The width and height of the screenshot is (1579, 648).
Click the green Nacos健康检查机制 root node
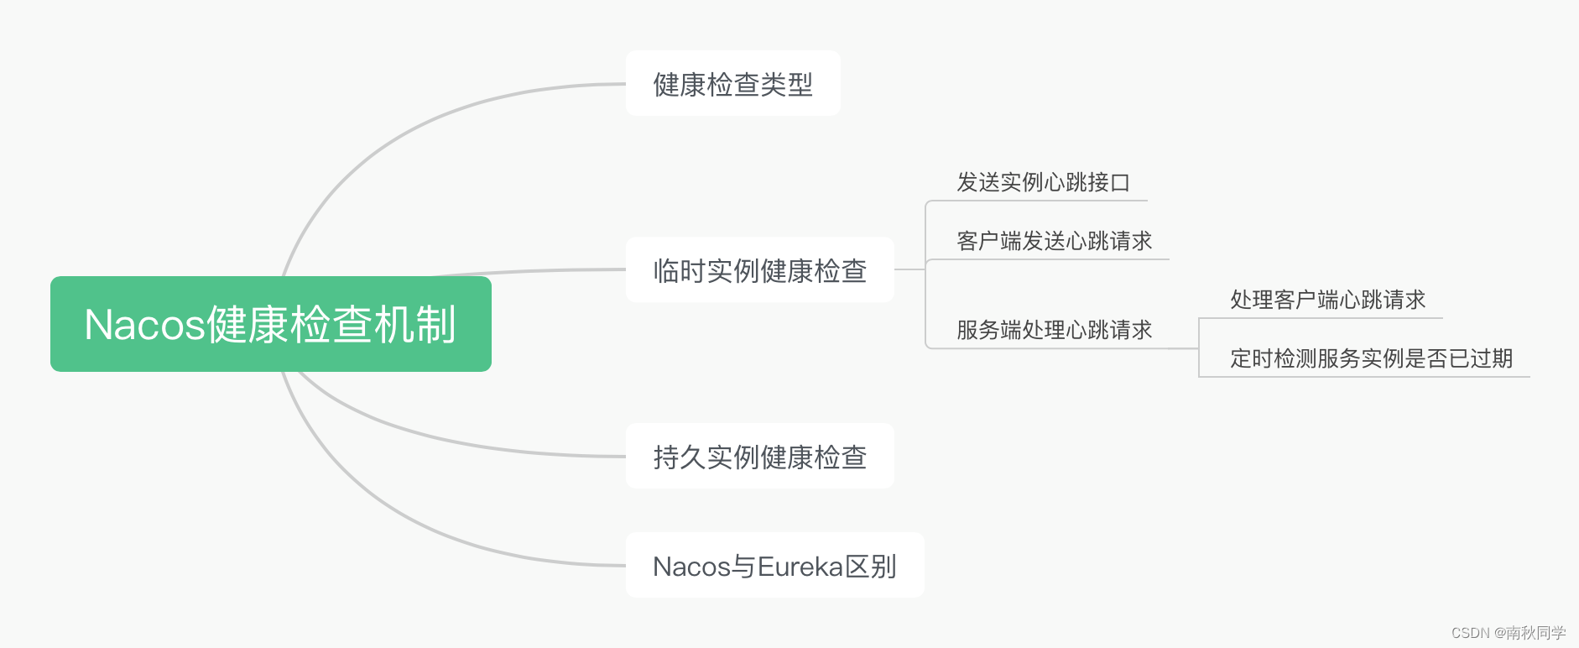(270, 324)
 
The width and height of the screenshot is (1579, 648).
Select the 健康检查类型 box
(732, 84)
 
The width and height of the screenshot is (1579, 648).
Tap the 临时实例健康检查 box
(759, 270)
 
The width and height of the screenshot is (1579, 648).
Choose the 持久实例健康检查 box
(759, 457)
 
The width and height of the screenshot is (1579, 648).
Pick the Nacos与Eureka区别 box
(774, 566)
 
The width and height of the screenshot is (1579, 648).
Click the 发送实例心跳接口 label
(1043, 182)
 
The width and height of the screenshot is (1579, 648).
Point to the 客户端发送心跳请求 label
(1054, 241)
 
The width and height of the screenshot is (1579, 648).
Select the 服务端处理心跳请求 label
(1054, 330)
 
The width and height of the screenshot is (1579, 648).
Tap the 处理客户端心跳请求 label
(1327, 300)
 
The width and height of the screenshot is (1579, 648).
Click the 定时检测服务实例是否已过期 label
(1371, 358)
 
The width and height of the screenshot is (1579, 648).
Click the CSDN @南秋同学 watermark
(1508, 633)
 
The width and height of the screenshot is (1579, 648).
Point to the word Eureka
(800, 567)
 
